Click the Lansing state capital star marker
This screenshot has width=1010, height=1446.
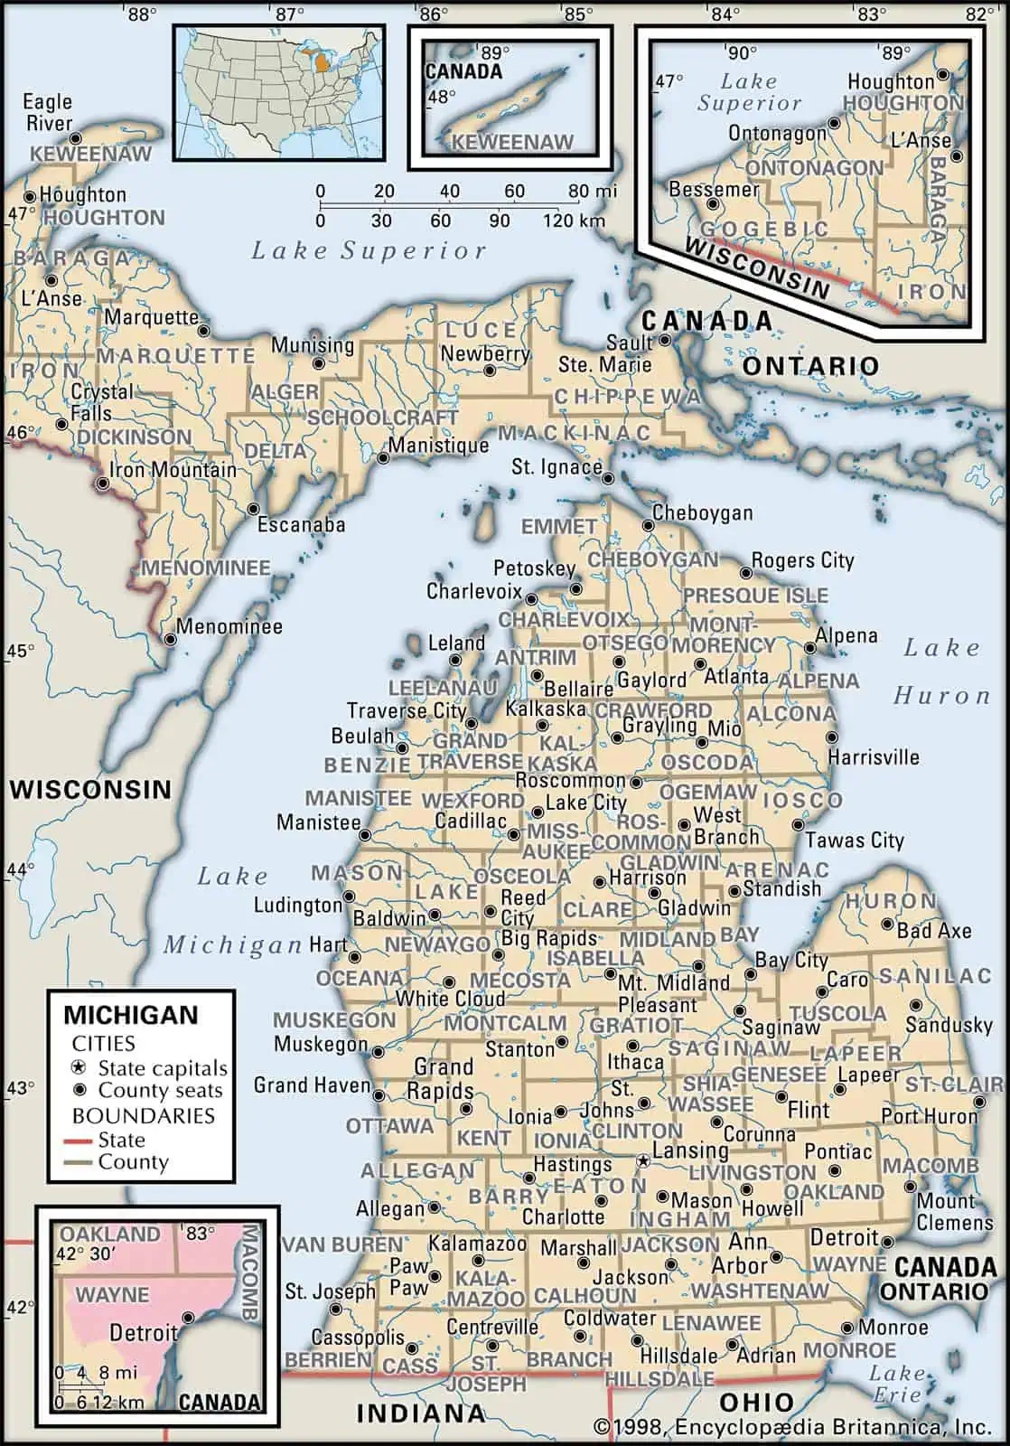tap(643, 1159)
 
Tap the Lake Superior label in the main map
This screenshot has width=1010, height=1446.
tap(369, 251)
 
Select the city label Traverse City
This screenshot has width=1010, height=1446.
tap(407, 710)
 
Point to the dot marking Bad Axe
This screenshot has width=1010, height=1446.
tap(888, 925)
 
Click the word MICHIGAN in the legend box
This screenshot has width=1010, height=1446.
tap(130, 1014)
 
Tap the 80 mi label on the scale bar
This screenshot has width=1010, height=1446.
tap(593, 192)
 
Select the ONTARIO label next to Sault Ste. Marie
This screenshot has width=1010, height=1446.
tap(810, 366)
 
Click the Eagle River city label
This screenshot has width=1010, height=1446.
tap(48, 112)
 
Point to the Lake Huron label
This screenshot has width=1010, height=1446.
tap(941, 671)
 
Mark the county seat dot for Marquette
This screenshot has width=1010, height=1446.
tap(204, 330)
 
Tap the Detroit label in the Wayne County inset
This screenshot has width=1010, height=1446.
tap(143, 1332)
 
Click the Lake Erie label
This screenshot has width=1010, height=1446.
tap(897, 1384)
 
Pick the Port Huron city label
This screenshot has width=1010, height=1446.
tap(930, 1116)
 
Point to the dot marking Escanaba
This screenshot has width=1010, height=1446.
tap(253, 509)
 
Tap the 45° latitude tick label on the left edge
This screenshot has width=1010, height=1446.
tap(21, 651)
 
